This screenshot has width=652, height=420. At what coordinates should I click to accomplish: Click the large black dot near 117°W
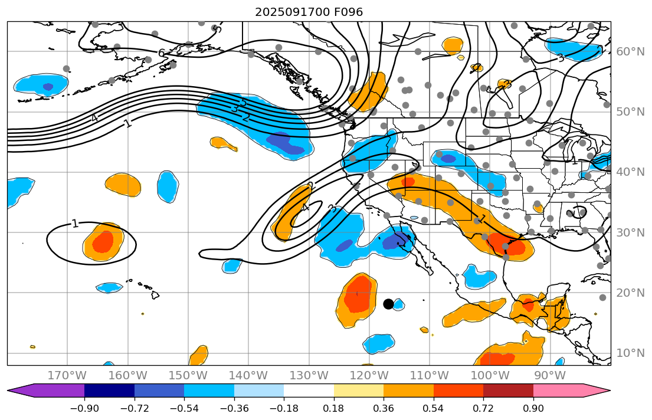point(388,304)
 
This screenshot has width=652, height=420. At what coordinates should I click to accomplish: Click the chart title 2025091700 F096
point(309,12)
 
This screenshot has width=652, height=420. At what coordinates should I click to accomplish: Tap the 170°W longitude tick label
point(67,375)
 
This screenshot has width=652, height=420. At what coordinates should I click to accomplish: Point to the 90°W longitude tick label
point(549,375)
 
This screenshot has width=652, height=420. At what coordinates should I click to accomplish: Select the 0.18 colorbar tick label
point(334,409)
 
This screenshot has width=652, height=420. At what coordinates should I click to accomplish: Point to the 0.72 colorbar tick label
point(483,409)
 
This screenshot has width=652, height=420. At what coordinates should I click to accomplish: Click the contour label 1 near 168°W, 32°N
point(75,224)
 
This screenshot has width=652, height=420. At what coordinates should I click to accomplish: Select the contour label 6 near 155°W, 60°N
point(161,53)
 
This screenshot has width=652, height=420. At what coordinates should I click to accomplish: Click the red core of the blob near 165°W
point(103,241)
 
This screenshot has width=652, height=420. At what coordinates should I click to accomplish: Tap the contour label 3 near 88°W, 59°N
point(561,58)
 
